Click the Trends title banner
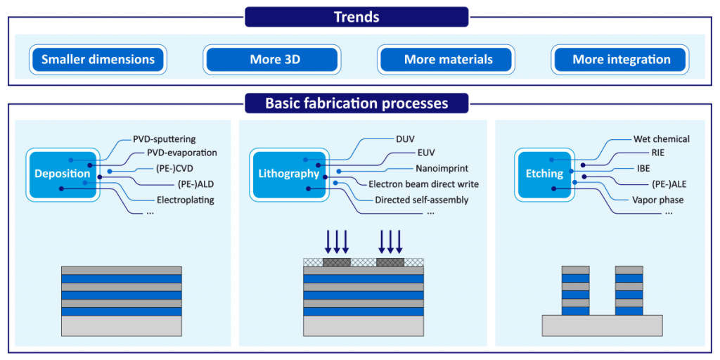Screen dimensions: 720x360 [356, 17]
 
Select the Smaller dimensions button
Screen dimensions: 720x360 [98, 60]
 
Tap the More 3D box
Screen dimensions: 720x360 [272, 60]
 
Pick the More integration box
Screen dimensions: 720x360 [621, 60]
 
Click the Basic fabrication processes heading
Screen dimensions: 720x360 [356, 103]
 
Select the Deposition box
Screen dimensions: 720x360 [63, 174]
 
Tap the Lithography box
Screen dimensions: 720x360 [287, 174]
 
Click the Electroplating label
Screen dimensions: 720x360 [186, 200]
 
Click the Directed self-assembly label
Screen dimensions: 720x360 [422, 200]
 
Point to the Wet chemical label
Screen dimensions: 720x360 [662, 139]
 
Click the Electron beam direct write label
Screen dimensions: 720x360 [424, 185]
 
